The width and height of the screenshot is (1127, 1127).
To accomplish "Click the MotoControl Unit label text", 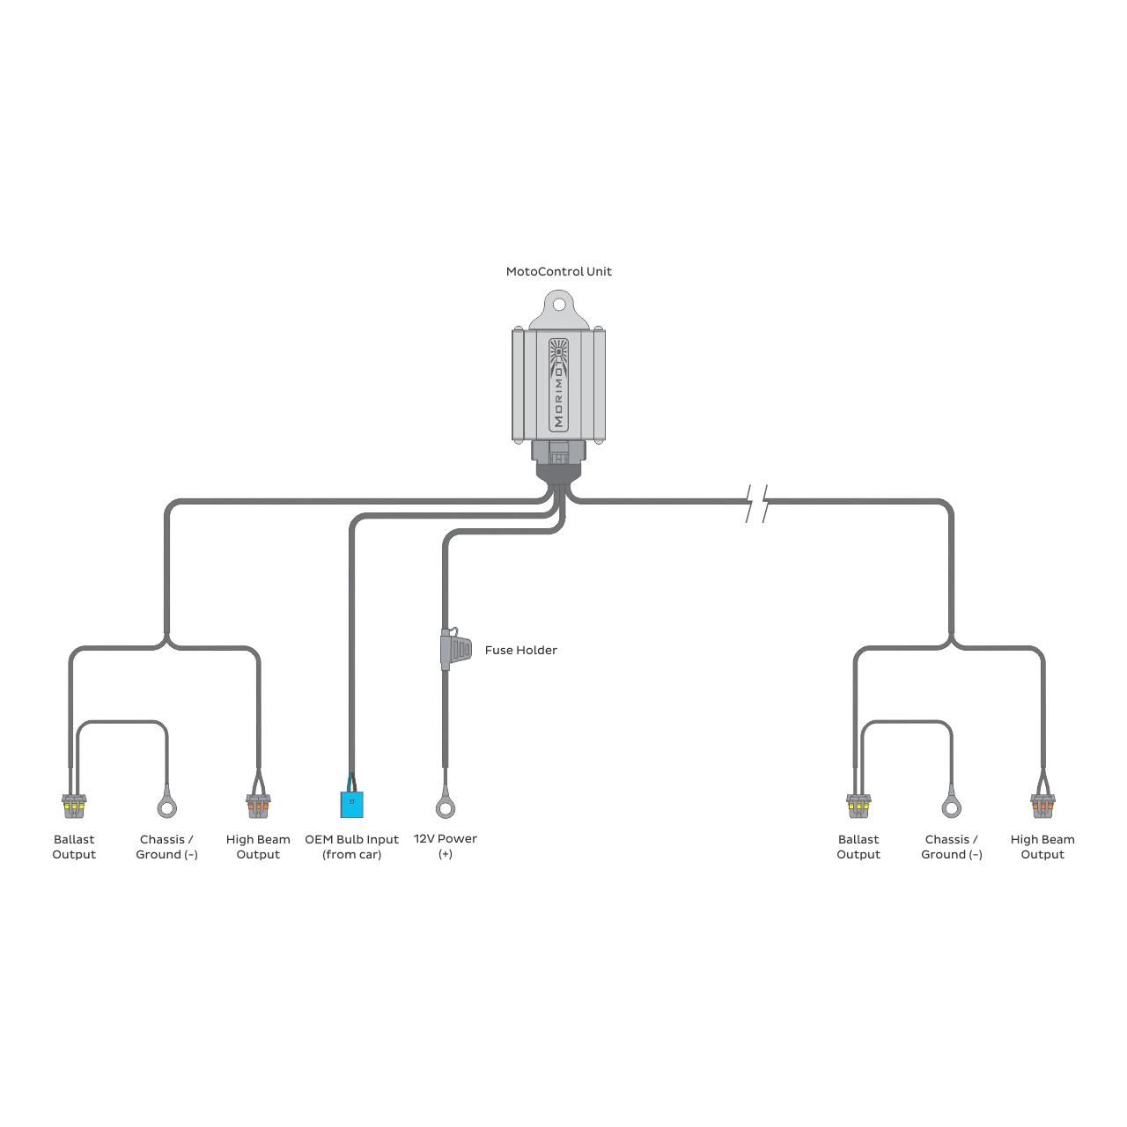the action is click(x=558, y=271).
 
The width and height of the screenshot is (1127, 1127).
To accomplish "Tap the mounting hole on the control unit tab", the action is click(x=558, y=304).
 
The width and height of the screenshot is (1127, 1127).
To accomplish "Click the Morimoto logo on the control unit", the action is click(x=558, y=385).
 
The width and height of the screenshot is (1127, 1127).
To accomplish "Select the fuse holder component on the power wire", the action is click(x=455, y=649).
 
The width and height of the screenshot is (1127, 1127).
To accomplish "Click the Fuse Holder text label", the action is click(x=520, y=650).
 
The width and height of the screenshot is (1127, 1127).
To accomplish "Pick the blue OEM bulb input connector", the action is click(x=351, y=804).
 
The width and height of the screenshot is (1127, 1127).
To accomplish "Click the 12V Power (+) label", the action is click(x=445, y=845).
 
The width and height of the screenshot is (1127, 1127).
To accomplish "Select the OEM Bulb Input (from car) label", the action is click(x=351, y=846).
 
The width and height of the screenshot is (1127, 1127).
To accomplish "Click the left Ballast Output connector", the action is click(x=74, y=806).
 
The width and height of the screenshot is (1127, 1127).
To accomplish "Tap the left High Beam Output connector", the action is click(x=258, y=806).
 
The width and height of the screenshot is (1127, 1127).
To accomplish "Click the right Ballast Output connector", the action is click(x=858, y=806).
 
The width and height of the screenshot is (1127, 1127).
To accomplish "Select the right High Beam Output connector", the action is click(x=1042, y=806).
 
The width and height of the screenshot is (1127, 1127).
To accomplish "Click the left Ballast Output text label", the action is click(x=74, y=846).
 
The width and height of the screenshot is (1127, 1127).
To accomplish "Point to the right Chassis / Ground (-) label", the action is click(x=952, y=846).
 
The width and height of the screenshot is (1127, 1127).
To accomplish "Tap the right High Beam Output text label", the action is click(x=1042, y=846).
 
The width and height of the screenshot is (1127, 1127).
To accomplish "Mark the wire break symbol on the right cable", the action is click(x=757, y=503).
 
